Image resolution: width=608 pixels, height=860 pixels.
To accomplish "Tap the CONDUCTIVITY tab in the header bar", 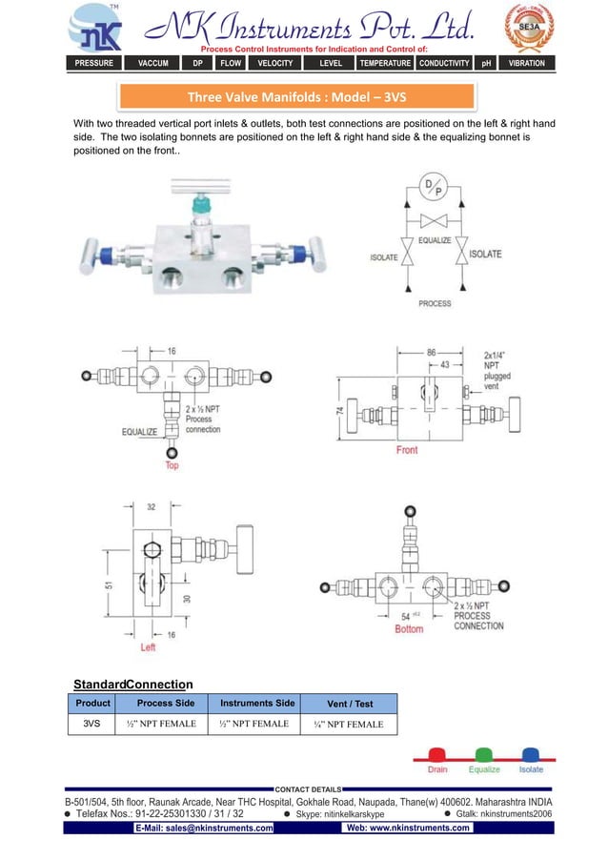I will [445, 63].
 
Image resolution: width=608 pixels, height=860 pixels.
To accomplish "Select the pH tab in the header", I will [486, 63].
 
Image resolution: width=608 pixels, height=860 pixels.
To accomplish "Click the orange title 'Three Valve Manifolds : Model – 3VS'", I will [296, 97].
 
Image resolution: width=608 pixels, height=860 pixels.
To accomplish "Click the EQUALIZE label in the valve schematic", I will [435, 240].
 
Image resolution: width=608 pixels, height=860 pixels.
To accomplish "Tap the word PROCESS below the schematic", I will [435, 303].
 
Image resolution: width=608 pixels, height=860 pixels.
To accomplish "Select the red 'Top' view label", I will [172, 465].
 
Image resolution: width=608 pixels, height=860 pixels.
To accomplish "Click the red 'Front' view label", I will [407, 449].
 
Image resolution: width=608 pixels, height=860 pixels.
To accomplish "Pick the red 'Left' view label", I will [148, 647].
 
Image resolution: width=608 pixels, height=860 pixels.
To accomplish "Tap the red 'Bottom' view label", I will [409, 629].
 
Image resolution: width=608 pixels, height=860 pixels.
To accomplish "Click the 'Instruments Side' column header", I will [257, 703].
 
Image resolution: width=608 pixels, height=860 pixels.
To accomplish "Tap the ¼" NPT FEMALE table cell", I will [349, 725].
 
